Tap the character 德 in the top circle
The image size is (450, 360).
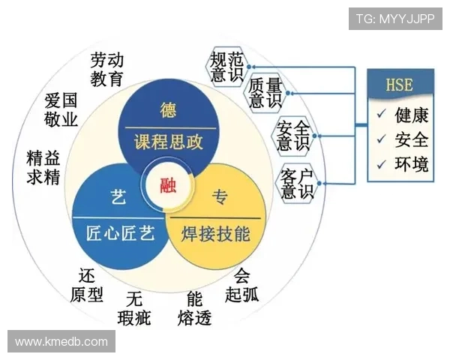(169, 110)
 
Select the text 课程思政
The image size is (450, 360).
(169, 142)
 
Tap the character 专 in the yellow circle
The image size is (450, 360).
(220, 198)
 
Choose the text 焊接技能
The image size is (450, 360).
(216, 234)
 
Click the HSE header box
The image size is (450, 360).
(399, 84)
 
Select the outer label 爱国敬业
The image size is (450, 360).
(61, 110)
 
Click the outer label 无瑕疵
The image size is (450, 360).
(134, 308)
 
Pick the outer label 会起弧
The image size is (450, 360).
(241, 284)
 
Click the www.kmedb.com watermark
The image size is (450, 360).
(61, 341)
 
